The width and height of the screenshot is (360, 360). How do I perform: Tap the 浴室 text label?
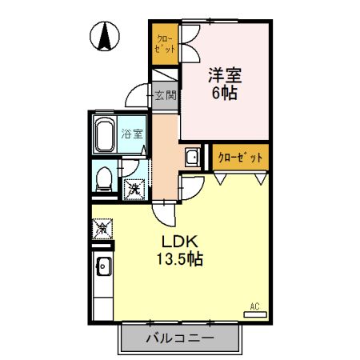[132, 134]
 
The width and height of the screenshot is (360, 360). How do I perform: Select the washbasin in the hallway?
[193, 157]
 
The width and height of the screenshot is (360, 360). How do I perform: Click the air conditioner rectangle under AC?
[255, 314]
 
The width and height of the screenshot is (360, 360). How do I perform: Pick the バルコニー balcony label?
[180, 338]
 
